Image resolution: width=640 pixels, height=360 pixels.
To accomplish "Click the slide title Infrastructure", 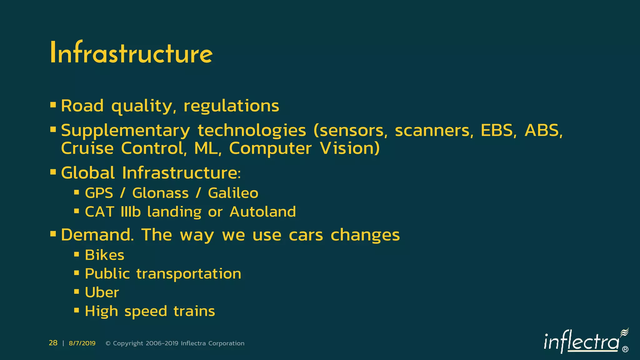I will click(x=131, y=53).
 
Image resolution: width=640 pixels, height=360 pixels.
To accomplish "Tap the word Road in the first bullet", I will click(x=82, y=106).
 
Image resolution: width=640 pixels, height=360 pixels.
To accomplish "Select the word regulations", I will click(x=231, y=106).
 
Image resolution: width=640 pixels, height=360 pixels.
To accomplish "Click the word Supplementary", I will click(x=125, y=131).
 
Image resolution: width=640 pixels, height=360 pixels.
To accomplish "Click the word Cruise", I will click(x=87, y=148).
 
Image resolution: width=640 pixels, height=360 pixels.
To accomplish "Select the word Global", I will click(x=88, y=172).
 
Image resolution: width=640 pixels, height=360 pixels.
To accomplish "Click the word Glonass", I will click(x=160, y=193).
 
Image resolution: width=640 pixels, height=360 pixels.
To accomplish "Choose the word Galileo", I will click(x=233, y=193).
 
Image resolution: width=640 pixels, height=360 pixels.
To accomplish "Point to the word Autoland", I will click(x=262, y=212).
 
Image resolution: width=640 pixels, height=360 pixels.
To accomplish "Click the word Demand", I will click(x=97, y=235).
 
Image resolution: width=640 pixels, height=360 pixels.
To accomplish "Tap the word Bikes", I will click(x=104, y=255).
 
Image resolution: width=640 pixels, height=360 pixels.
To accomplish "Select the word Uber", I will click(x=102, y=292).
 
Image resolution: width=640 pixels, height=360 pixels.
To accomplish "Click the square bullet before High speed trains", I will click(x=77, y=310).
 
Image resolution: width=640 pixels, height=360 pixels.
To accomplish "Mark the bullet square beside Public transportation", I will click(x=77, y=273).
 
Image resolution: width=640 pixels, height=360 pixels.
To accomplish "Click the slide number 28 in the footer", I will click(x=53, y=343).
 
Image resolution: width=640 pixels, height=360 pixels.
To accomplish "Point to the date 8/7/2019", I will click(x=82, y=343).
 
